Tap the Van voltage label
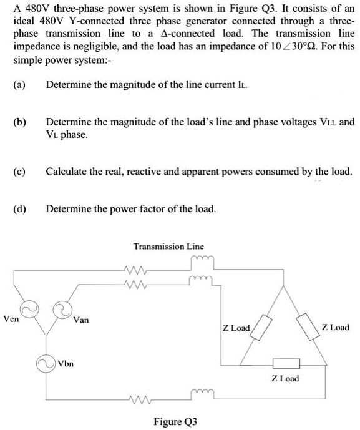pyautogui.click(x=81, y=320)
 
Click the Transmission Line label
pyautogui.click(x=168, y=247)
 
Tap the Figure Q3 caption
pyautogui.click(x=176, y=421)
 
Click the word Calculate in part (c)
pyautogui.click(x=67, y=170)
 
